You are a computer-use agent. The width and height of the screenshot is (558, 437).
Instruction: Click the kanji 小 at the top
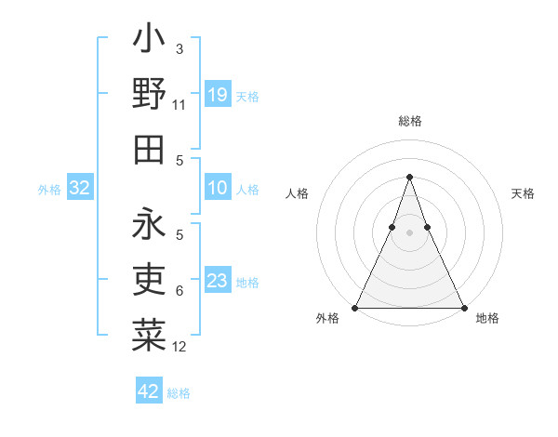pos(149,41)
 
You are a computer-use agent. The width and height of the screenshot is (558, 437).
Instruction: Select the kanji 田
pos(149,150)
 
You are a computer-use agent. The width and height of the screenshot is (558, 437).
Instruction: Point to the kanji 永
pos(149,224)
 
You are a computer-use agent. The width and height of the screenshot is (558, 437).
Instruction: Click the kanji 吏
pos(149,280)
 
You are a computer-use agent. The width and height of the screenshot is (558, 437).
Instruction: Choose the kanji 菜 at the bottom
pos(149,336)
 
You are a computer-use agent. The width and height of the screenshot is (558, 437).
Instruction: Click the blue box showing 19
pos(218,94)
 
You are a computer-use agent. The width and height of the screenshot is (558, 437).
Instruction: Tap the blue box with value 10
pos(218,188)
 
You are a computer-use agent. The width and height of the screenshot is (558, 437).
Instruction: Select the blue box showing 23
pos(218,281)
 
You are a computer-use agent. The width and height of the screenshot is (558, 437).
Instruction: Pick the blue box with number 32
pos(79,188)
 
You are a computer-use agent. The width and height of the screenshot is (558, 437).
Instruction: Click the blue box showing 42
pos(149,391)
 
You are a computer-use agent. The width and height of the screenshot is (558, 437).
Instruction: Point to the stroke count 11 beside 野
pos(179,105)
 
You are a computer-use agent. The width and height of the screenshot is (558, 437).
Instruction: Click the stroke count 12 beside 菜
pos(179,347)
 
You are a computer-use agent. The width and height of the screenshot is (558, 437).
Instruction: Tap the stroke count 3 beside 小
pos(179,49)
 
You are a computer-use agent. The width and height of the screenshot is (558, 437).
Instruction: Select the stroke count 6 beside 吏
pos(179,291)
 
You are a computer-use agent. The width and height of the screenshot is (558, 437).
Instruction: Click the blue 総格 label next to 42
pos(179,393)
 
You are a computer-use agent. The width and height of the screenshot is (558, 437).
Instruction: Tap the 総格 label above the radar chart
pos(410,121)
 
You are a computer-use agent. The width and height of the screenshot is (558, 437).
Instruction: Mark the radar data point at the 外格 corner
pos(356,307)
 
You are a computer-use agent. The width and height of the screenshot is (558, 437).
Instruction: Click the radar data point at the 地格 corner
pos(463,307)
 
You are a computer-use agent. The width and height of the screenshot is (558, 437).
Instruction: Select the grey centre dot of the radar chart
pos(409,232)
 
